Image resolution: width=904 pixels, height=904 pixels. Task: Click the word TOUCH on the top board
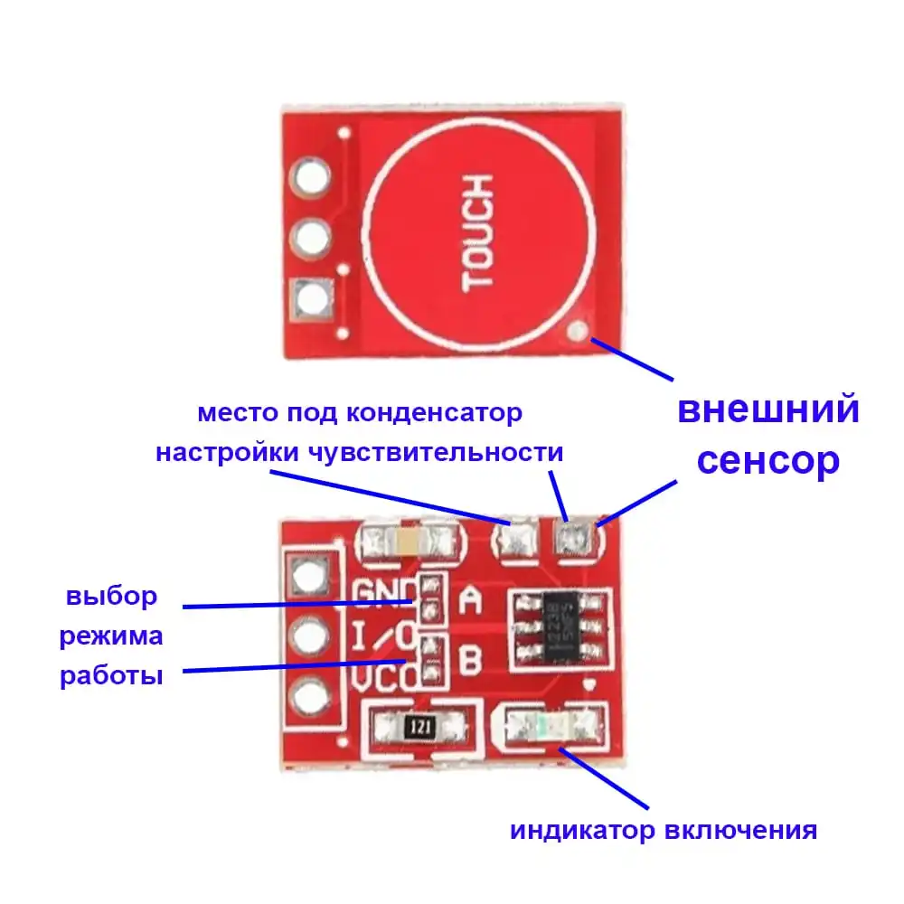click(477, 234)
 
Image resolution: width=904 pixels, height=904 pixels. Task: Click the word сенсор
click(768, 461)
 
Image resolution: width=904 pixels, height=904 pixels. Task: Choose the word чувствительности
click(437, 452)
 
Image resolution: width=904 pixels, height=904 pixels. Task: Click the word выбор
click(111, 597)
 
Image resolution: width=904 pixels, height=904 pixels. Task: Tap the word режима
click(111, 636)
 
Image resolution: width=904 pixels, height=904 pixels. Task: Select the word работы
click(111, 676)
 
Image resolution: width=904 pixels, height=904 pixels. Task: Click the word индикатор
click(583, 831)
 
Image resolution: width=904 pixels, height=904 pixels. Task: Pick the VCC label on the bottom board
click(383, 675)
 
